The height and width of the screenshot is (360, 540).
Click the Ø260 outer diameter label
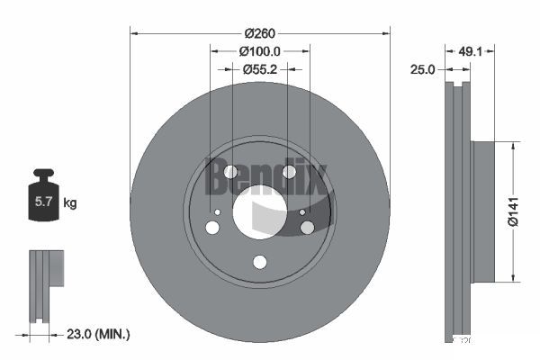pos(260,33)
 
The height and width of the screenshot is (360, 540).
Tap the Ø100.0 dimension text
pos(260,51)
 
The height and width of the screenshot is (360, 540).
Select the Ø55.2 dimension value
pos(260,69)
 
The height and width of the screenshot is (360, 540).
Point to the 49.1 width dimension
pos(470,51)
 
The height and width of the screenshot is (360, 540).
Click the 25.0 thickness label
pos(423,69)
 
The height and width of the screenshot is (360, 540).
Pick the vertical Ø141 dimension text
pos(513,211)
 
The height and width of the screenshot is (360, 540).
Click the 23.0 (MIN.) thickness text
pos(98,334)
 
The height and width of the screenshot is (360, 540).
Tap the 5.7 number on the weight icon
pos(43,202)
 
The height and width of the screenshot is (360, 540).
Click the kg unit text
pos(70,202)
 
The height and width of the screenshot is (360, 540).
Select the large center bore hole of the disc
pos(260,211)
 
